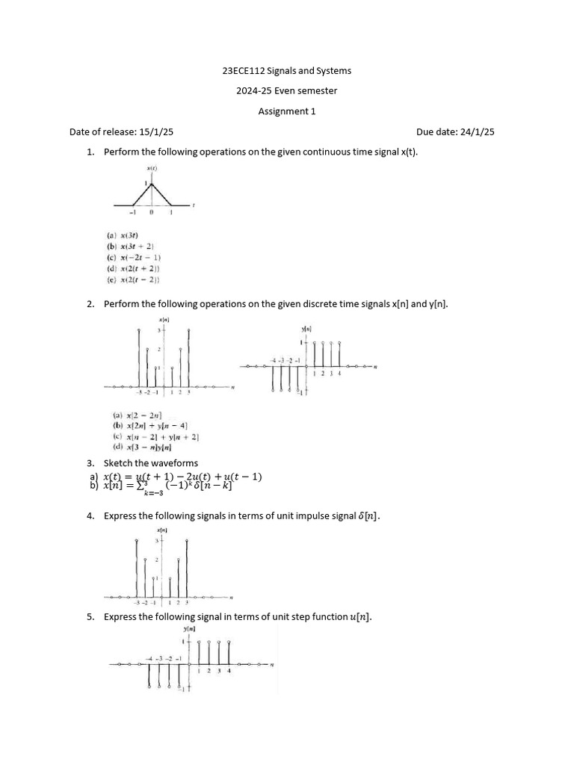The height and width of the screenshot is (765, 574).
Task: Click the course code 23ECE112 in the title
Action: click(x=243, y=71)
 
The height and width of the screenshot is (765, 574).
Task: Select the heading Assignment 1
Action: click(x=287, y=111)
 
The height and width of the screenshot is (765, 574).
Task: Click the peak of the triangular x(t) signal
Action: click(x=152, y=184)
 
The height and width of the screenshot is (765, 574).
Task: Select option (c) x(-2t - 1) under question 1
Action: click(x=134, y=258)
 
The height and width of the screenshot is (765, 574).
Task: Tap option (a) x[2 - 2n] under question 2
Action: click(x=132, y=415)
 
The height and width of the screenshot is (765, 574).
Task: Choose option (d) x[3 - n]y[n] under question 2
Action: click(x=142, y=447)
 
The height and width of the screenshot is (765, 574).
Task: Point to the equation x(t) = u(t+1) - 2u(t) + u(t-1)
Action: click(x=182, y=477)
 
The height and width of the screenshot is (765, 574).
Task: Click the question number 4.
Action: click(x=90, y=515)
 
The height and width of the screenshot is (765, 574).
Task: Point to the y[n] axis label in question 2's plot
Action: click(x=306, y=329)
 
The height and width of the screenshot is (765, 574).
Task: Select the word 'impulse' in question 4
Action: click(x=297, y=515)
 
